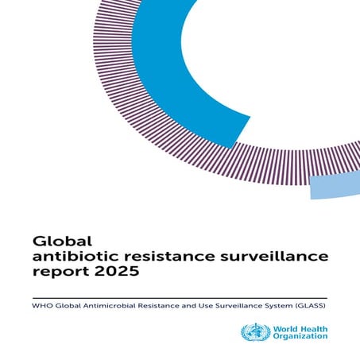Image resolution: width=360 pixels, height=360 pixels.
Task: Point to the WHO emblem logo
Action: pos(254,332)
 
